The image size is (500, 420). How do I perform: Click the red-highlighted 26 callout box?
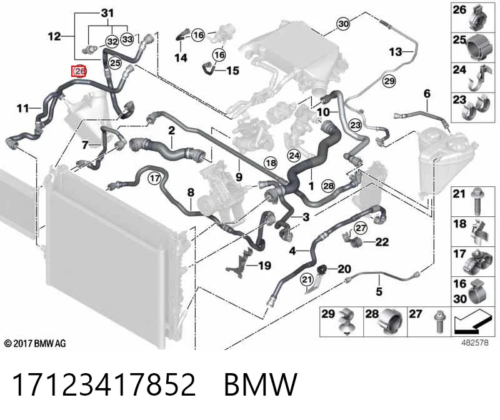[79, 71]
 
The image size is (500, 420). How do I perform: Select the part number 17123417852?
[104, 384]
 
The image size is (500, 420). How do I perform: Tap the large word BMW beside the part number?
[261, 384]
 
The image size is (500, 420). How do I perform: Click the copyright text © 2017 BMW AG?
[35, 344]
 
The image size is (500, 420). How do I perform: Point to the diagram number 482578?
[475, 343]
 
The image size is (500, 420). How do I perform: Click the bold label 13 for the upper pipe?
[396, 52]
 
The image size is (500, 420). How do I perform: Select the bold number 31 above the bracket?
[107, 13]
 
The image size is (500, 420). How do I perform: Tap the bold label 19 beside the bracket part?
[264, 266]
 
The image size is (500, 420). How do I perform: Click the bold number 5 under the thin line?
[379, 291]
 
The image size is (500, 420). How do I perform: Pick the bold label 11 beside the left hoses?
[23, 108]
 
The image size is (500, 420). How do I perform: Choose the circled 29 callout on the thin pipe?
[389, 81]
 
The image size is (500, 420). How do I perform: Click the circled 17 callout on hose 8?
[154, 178]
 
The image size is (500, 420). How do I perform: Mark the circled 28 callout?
[329, 186]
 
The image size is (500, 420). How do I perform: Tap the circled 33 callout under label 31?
[127, 39]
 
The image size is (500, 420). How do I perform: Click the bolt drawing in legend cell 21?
[477, 201]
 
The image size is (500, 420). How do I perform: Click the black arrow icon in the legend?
[472, 321]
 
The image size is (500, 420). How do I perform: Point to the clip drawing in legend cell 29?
[347, 321]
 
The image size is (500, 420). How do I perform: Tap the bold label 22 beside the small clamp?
[382, 242]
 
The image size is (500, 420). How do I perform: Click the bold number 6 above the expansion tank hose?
[427, 94]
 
